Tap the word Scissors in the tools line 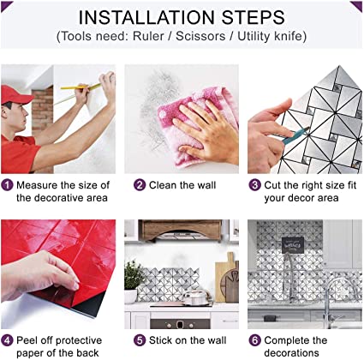pyautogui.click(x=200, y=36)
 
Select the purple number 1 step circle pyautogui.click(x=7, y=185)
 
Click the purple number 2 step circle pyautogui.click(x=140, y=185)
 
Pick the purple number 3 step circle pyautogui.click(x=254, y=185)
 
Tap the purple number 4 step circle pyautogui.click(x=7, y=340)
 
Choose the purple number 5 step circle pyautogui.click(x=140, y=340)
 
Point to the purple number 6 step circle pyautogui.click(x=254, y=340)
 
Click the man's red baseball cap pyautogui.click(x=15, y=94)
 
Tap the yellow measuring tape pyautogui.click(x=81, y=87)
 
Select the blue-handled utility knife pyautogui.click(x=295, y=135)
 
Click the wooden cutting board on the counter pyautogui.click(x=227, y=277)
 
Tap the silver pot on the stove pyautogui.click(x=196, y=297)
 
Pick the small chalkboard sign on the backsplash pyautogui.click(x=293, y=245)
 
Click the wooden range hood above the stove pyautogui.click(x=182, y=230)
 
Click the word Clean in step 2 pyautogui.click(x=163, y=185)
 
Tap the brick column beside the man pyautogui.click(x=42, y=110)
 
